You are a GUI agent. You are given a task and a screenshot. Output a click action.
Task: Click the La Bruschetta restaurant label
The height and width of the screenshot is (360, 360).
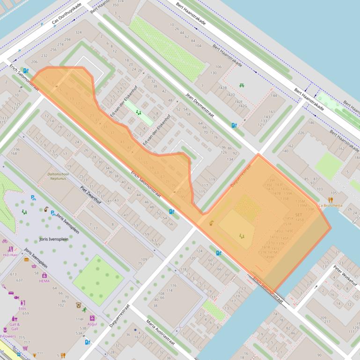pos(331,205)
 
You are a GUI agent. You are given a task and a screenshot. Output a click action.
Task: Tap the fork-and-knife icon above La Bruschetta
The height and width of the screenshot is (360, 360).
pos(331,200)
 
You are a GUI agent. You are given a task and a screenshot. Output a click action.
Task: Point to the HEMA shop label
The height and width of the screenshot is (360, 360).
pos(44,281)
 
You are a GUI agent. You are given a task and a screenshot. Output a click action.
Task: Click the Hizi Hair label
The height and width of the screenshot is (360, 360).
pos(10,255)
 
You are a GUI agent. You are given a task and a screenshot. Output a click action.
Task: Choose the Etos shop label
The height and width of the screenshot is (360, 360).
pos(22,309)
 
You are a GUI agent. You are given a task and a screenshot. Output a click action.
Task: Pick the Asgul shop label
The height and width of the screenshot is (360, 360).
pos(92,324)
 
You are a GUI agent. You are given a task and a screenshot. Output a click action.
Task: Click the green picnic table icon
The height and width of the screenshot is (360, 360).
pos(242,85)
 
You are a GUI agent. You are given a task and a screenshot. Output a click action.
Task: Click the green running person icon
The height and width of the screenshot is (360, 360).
pos(84,310)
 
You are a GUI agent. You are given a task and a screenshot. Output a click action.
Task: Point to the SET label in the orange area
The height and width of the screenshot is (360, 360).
pos(299,215)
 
